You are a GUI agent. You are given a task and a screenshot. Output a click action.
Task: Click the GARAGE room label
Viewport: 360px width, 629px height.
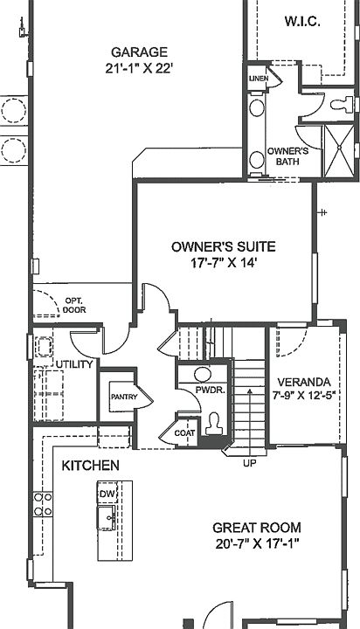click(139, 52)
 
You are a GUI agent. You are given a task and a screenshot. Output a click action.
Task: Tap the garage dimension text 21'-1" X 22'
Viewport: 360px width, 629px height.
click(139, 69)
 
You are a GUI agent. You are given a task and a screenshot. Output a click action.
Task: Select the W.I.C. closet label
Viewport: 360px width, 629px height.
click(302, 21)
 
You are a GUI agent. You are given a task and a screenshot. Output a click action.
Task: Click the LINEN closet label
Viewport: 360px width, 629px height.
click(258, 79)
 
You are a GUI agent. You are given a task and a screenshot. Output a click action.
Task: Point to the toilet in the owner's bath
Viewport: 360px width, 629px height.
click(342, 105)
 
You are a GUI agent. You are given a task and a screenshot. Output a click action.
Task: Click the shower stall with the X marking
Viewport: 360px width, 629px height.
click(339, 151)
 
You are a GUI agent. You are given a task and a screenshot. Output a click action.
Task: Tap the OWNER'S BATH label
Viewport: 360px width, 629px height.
click(287, 156)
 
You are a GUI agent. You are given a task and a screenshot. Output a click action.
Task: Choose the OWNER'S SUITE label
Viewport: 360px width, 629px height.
click(224, 246)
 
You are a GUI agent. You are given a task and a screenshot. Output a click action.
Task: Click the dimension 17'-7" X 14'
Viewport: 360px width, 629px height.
click(224, 263)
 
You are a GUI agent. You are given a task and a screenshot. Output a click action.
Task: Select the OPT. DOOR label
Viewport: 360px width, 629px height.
click(74, 305)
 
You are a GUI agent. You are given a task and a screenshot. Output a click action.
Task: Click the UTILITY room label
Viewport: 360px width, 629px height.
click(74, 364)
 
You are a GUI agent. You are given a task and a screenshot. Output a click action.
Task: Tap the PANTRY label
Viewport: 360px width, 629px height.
click(124, 397)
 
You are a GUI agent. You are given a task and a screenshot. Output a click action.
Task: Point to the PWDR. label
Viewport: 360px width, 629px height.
click(211, 390)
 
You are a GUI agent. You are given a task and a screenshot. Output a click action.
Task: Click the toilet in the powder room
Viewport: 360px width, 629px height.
click(213, 424)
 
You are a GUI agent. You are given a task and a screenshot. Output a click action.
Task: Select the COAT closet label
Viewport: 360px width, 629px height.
click(184, 433)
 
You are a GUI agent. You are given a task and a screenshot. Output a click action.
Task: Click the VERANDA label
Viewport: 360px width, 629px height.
click(304, 382)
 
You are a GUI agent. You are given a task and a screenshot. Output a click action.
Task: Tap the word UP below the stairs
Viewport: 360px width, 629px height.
click(249, 463)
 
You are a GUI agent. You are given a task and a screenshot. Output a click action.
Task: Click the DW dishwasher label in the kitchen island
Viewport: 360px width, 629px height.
click(107, 494)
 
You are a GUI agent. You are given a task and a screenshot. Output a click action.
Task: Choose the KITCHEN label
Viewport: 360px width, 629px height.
click(90, 466)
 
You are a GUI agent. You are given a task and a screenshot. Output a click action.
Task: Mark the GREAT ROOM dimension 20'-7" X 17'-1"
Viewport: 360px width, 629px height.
click(257, 544)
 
